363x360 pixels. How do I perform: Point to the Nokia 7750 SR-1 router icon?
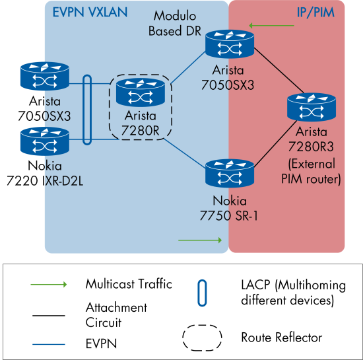click(x=229, y=173)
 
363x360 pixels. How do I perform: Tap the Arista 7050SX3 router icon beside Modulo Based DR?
click(x=228, y=44)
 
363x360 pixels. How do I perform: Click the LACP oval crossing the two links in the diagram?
click(x=88, y=110)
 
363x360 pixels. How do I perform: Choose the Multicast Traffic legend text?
click(x=129, y=284)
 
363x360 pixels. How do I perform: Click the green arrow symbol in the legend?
click(x=48, y=285)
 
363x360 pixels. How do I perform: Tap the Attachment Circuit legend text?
click(x=116, y=314)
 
